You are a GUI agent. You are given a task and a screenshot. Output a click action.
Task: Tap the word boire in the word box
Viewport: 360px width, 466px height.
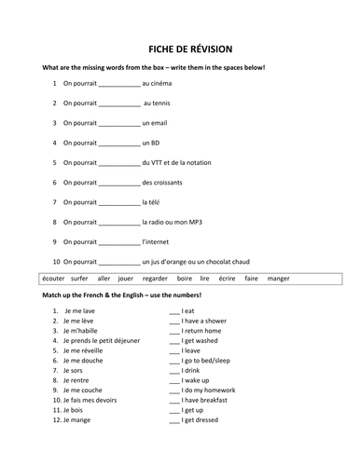[x=185, y=278]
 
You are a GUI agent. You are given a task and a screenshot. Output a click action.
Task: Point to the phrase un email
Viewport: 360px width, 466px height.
[x=158, y=122]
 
